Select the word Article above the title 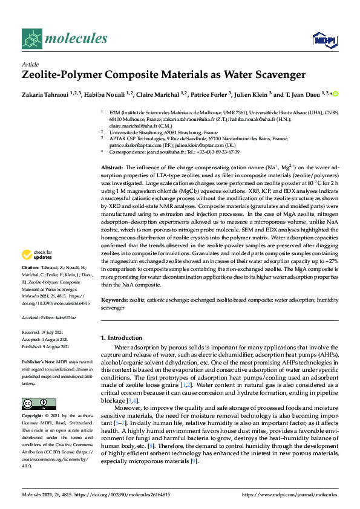[x=30, y=64]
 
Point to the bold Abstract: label [x=112, y=166]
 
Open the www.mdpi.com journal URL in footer [x=288, y=494]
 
